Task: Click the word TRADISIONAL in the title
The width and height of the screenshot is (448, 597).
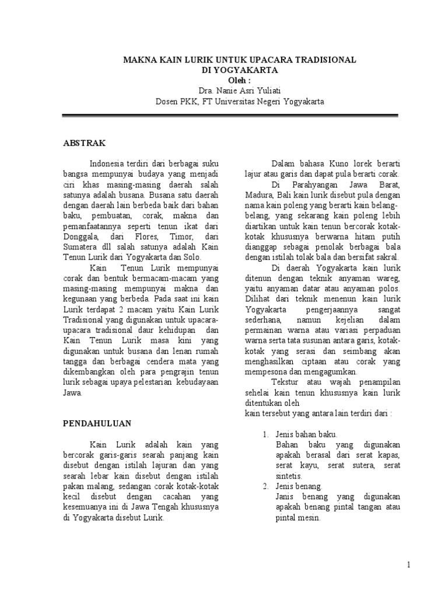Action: pos(324,60)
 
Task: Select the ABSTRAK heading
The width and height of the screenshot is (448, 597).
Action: pos(84,142)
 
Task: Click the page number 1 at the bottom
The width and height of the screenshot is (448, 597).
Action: pos(409,565)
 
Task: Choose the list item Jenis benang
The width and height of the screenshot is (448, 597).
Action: pos(299,486)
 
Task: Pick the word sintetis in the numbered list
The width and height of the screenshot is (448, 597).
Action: pos(289,476)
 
